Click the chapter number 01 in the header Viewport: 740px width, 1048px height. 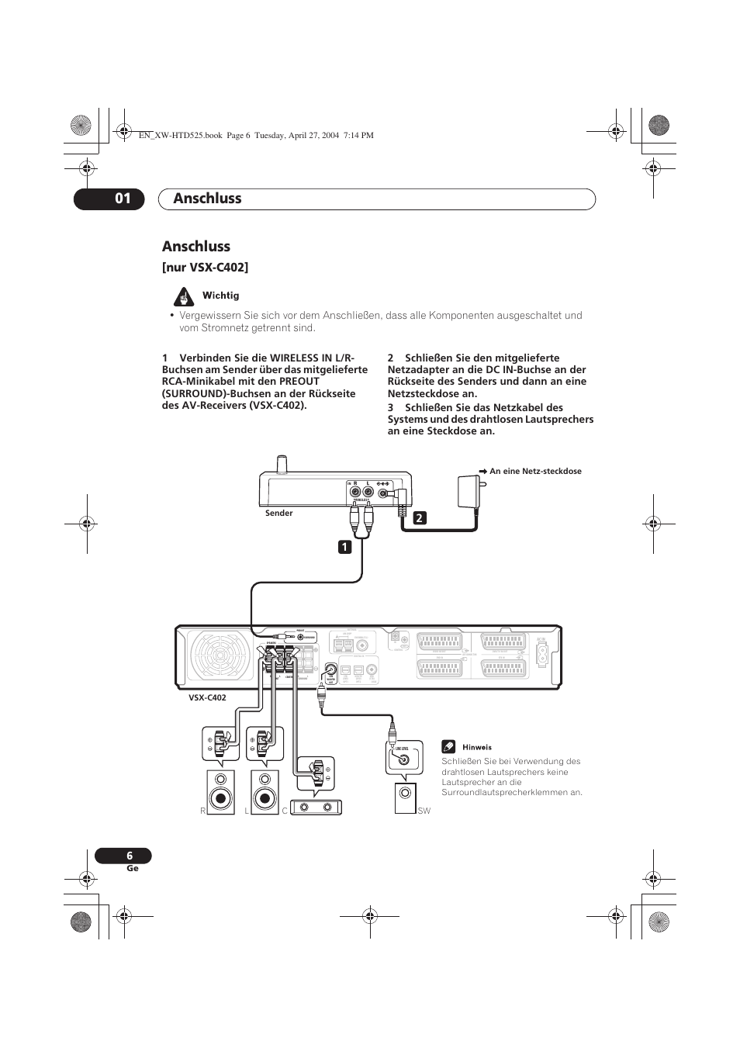123,199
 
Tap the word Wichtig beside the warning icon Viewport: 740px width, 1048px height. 221,296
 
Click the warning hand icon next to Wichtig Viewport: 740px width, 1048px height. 184,296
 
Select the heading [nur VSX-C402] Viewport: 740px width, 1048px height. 205,268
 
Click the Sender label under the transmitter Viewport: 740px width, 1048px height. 278,513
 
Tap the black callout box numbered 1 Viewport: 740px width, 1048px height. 344,547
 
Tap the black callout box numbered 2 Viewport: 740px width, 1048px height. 420,517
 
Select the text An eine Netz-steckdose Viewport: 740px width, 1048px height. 535,471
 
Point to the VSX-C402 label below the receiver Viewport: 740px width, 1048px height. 207,697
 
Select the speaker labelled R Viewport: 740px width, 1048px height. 221,792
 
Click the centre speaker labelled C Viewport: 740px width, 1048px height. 316,808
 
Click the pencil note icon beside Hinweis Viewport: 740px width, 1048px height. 448,747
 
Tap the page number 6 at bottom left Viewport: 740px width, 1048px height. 130,856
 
